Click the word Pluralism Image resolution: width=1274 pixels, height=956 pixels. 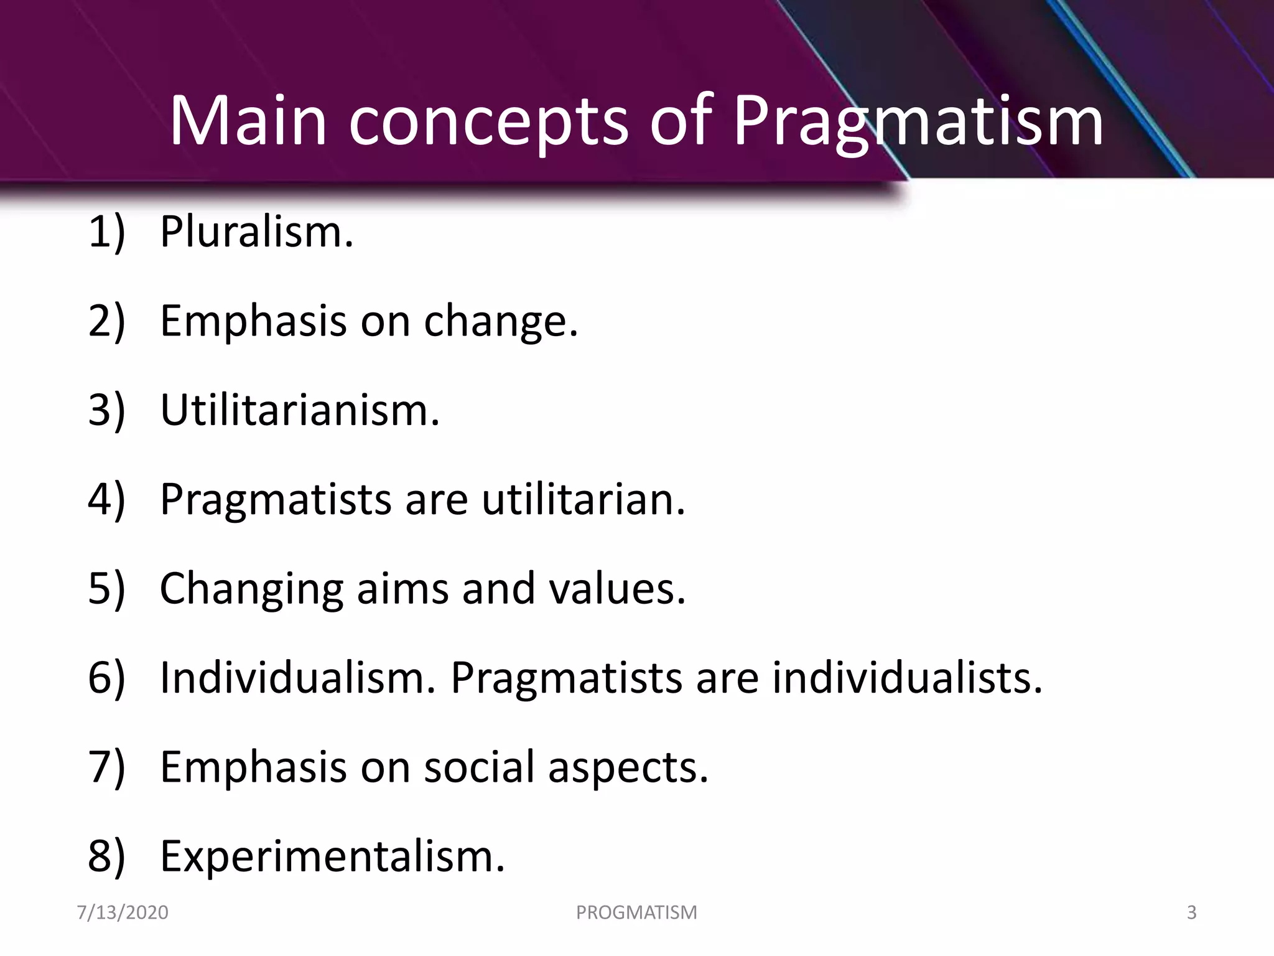pyautogui.click(x=256, y=232)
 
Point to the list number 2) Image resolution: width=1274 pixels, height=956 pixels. pyautogui.click(x=106, y=322)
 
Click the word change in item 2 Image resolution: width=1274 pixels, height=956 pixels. pyautogui.click(x=501, y=322)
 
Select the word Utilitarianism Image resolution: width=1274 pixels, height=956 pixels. pyautogui.click(x=300, y=411)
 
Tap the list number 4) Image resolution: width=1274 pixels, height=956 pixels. pyautogui.click(x=106, y=500)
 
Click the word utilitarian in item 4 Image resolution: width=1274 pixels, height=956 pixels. pyautogui.click(x=584, y=500)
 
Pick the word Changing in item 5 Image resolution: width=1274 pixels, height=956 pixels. pyautogui.click(x=251, y=589)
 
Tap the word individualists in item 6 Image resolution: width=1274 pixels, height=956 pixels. pyautogui.click(x=907, y=678)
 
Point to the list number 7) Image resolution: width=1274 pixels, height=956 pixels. pyautogui.click(x=106, y=767)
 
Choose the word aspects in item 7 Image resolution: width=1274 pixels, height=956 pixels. pyautogui.click(x=628, y=767)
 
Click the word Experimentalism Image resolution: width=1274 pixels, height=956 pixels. pyautogui.click(x=332, y=856)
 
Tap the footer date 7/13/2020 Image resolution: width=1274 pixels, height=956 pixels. pyautogui.click(x=123, y=912)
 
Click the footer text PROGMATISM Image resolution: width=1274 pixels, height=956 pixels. pyautogui.click(x=636, y=912)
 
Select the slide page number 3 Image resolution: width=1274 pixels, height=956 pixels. pyautogui.click(x=1191, y=912)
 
